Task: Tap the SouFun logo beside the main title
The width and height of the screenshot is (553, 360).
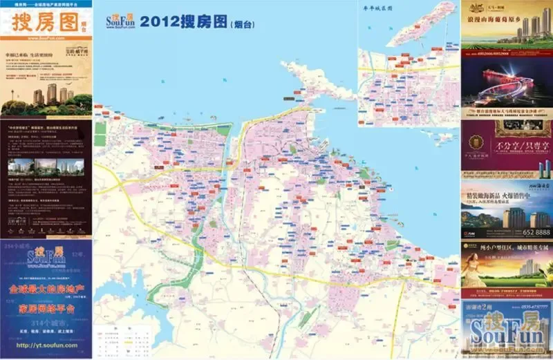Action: point(121,21)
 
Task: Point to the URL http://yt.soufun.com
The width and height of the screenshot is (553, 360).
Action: point(46,345)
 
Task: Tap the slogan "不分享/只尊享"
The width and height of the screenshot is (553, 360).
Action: point(518,146)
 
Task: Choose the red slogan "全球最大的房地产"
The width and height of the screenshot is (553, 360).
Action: point(46,287)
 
